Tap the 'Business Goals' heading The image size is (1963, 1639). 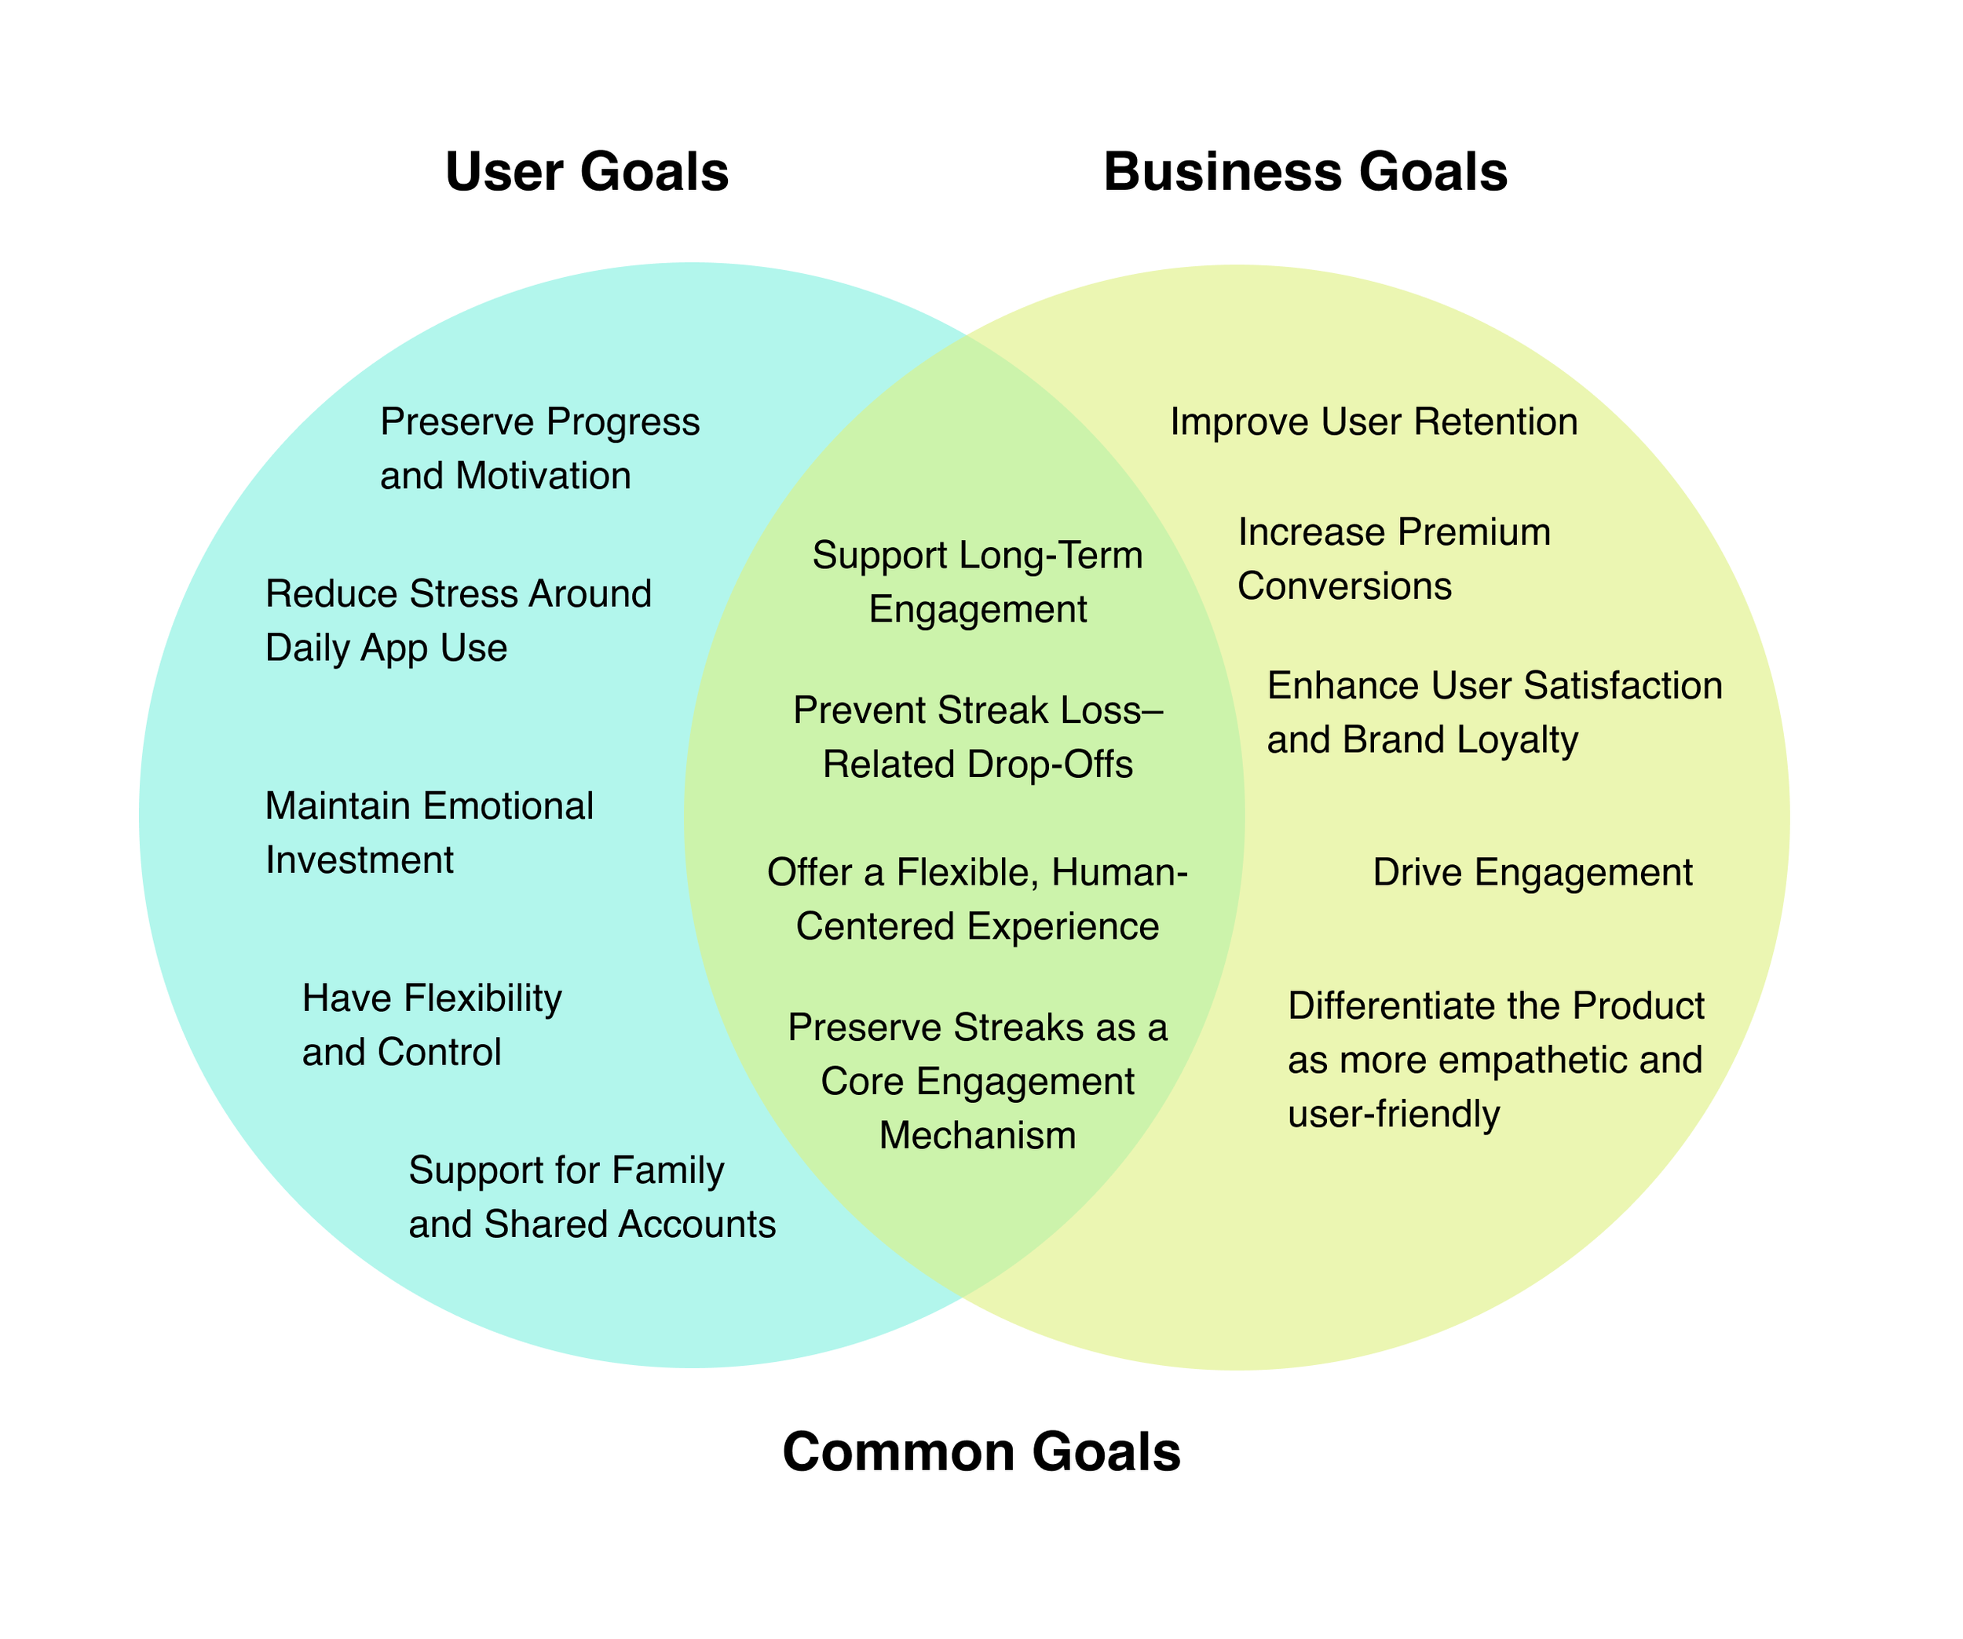pyautogui.click(x=1305, y=173)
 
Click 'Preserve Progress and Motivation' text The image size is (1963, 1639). pyautogui.click(x=539, y=448)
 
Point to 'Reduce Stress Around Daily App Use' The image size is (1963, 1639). pyautogui.click(x=458, y=620)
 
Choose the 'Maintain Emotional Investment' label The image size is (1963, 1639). pyautogui.click(x=429, y=833)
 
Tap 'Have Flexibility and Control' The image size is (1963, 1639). pyautogui.click(x=432, y=1025)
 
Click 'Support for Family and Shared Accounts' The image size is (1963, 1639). pyautogui.click(x=592, y=1197)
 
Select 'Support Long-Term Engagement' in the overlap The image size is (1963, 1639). pyautogui.click(x=977, y=582)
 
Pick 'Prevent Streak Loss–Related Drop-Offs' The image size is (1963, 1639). pyautogui.click(x=977, y=737)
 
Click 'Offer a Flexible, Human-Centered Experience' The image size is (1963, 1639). pyautogui.click(x=977, y=899)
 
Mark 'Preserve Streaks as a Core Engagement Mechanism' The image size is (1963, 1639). pyautogui.click(x=977, y=1081)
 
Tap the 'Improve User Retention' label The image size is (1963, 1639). pyautogui.click(x=1373, y=422)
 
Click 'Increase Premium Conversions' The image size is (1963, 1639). pyautogui.click(x=1393, y=559)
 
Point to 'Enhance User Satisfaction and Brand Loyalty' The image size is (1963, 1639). pyautogui.click(x=1493, y=712)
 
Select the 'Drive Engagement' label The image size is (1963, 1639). pyautogui.click(x=1532, y=873)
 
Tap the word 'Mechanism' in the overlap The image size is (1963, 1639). pyautogui.click(x=977, y=1135)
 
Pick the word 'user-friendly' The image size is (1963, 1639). pyautogui.click(x=1393, y=1115)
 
